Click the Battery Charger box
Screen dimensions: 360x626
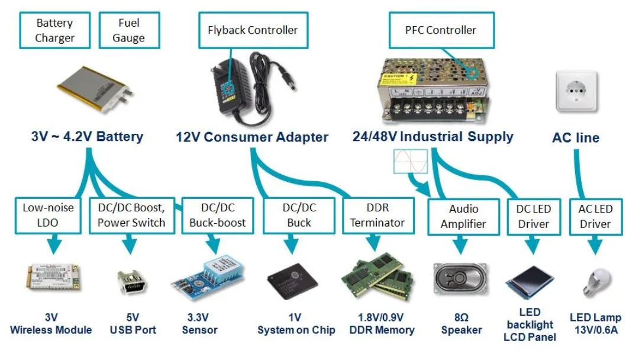(x=55, y=31)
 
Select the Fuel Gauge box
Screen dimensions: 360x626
(x=128, y=31)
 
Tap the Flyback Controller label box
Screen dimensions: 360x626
(x=253, y=30)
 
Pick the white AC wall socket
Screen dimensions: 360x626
(x=575, y=89)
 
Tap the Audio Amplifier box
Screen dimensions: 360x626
(x=463, y=216)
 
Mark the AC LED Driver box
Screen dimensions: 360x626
(x=595, y=216)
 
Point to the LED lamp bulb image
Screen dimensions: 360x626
(x=594, y=281)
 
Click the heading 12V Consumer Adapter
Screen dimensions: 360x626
(x=252, y=137)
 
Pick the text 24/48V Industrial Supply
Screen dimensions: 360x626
(x=433, y=137)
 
